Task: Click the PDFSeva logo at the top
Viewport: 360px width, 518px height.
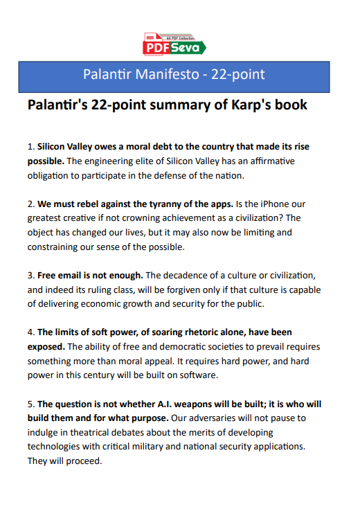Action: click(x=174, y=44)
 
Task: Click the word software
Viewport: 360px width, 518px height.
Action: click(x=200, y=375)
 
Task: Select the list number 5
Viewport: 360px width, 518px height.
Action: click(x=30, y=403)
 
